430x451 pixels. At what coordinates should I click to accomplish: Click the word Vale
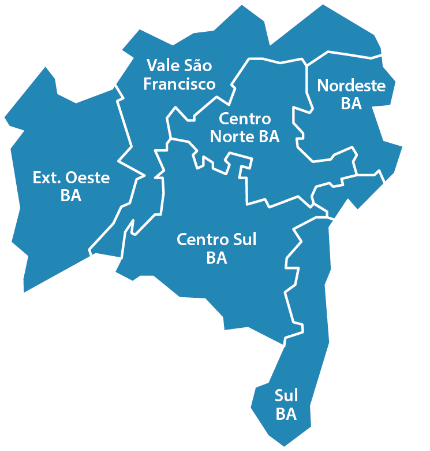164,65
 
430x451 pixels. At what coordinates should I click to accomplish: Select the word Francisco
180,84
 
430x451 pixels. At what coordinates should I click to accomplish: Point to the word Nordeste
352,86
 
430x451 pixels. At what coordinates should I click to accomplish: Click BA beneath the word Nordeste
351,104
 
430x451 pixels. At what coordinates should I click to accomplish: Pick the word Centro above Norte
245,119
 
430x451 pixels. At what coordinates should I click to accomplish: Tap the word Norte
231,137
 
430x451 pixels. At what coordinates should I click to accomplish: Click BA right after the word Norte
269,137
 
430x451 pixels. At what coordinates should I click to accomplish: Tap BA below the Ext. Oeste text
70,196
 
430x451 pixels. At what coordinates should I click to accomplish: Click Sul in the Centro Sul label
243,239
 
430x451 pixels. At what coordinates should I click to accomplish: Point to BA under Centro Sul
216,258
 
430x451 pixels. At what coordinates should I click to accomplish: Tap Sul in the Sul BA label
286,396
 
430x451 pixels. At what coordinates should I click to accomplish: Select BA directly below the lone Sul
286,415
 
